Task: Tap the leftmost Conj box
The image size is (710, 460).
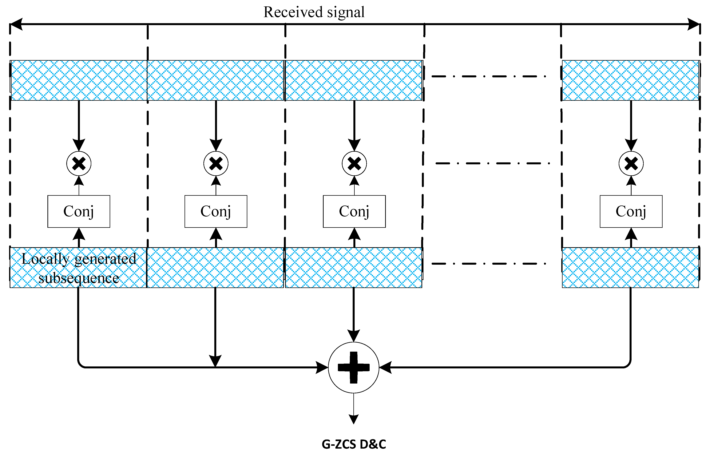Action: click(x=79, y=211)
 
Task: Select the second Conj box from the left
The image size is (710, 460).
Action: click(x=216, y=211)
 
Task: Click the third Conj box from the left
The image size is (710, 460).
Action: click(x=354, y=211)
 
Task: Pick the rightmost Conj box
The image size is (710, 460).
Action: click(x=631, y=211)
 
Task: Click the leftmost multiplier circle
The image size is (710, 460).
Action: click(x=79, y=164)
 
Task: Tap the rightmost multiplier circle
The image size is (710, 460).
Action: click(x=631, y=164)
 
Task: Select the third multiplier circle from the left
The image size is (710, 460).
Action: click(x=354, y=164)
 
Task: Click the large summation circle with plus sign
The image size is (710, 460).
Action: click(x=354, y=368)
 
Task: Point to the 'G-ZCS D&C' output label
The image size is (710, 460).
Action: click(x=354, y=444)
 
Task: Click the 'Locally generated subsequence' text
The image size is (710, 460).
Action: click(x=79, y=268)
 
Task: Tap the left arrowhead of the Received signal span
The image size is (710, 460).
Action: click(x=16, y=24)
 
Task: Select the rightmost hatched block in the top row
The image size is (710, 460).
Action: click(x=630, y=80)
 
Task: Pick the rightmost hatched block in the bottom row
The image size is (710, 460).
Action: click(x=630, y=267)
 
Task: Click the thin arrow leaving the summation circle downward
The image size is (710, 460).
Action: click(x=354, y=408)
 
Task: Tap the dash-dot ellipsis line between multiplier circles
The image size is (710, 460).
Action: click(x=492, y=163)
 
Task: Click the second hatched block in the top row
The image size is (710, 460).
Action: click(x=215, y=80)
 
